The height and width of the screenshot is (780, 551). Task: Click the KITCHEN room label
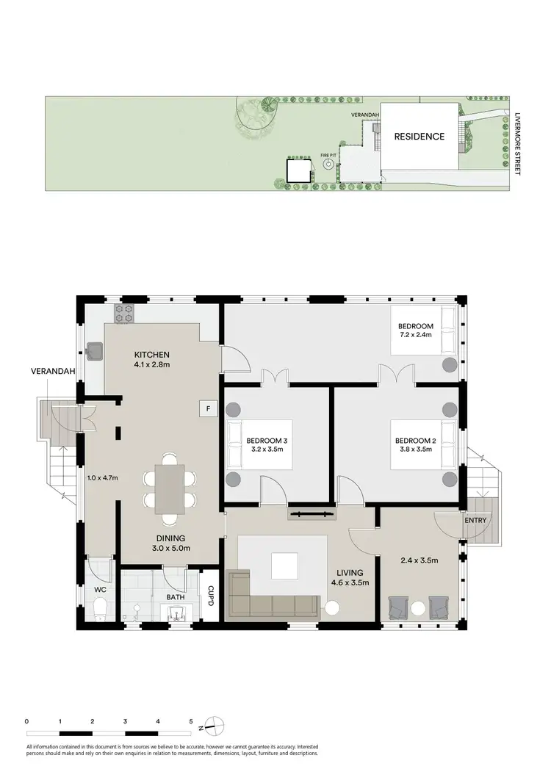pos(152,355)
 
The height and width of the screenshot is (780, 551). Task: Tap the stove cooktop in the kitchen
pos(124,314)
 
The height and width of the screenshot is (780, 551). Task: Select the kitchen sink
pos(94,352)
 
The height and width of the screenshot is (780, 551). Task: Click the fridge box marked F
pos(209,408)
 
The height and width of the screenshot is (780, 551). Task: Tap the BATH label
pos(175,597)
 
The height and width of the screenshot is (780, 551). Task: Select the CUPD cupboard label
pos(210,592)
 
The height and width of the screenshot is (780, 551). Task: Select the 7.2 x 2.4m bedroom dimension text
pos(416,336)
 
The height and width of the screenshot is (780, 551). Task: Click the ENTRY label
pos(475,521)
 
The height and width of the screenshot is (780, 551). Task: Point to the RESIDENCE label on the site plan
pos(419,137)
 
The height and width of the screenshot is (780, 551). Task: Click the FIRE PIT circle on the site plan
pos(328,165)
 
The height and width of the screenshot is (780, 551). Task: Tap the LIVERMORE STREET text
pos(517,144)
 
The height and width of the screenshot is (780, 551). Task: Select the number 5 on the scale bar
pos(191,722)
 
